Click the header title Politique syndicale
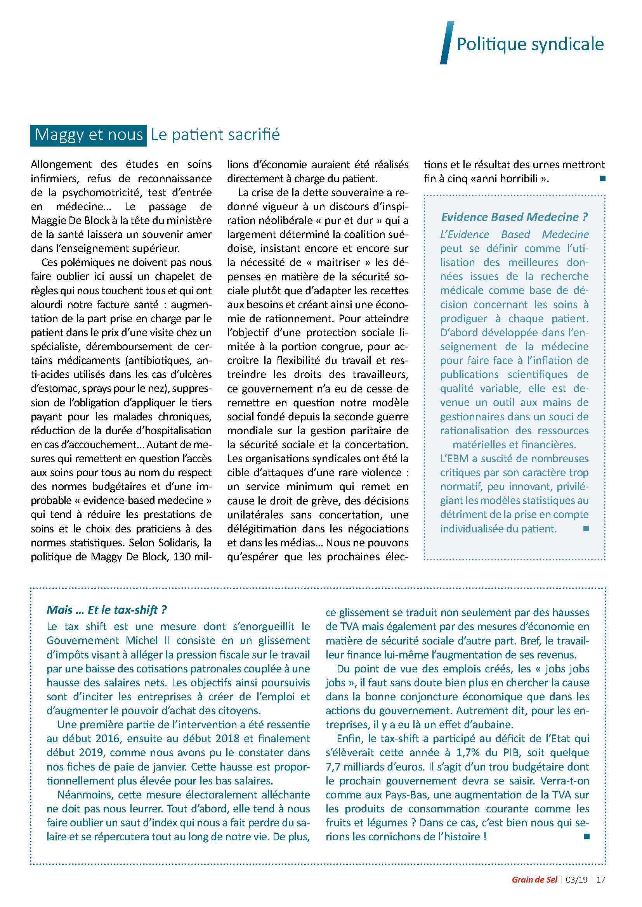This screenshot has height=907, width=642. point(530,44)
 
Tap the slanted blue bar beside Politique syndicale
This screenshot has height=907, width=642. point(447,43)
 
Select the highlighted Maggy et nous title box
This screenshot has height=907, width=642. point(88,135)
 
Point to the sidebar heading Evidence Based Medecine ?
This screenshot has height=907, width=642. point(514,217)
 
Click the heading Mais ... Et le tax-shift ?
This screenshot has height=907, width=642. point(106,610)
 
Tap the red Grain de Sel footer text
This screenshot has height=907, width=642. point(534,879)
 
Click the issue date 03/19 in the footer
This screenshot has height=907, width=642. point(576,879)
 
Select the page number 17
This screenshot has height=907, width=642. point(600,879)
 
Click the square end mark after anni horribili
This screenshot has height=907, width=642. point(602,178)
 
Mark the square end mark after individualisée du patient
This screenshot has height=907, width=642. point(586,529)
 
